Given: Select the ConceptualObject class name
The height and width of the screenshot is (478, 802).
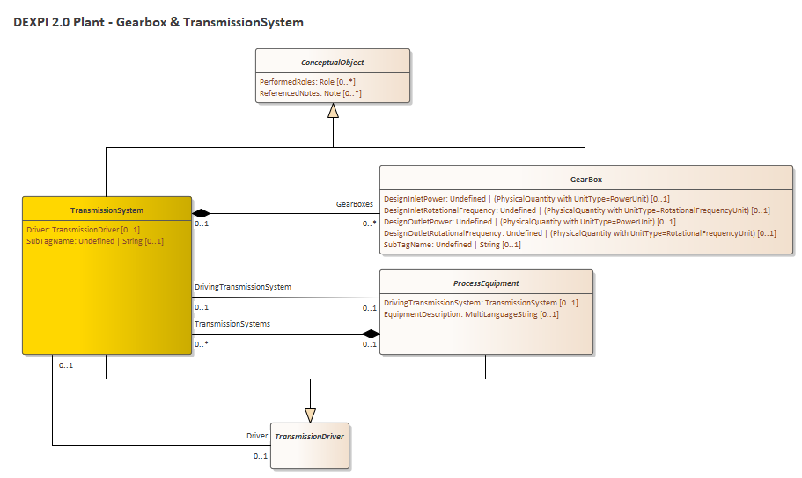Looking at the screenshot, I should point(332,63).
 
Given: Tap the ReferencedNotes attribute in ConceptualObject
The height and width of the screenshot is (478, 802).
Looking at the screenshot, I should point(311,92).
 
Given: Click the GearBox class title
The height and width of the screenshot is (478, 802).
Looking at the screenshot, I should point(585,180).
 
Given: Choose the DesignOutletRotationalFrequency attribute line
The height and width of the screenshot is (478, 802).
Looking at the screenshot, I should point(579,233).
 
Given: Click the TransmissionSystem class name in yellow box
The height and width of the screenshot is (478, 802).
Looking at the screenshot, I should point(107,210).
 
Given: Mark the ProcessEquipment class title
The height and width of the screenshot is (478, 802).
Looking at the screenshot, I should point(485,283).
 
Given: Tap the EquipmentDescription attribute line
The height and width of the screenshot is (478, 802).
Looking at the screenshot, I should point(471,314).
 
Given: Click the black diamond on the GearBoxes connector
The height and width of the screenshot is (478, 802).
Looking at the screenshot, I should point(202,212).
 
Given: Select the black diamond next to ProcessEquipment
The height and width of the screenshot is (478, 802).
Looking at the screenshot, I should point(370,333).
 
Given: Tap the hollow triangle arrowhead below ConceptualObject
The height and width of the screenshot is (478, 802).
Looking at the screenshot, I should point(333,111).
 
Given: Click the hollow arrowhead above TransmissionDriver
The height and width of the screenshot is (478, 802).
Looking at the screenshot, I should point(310,414).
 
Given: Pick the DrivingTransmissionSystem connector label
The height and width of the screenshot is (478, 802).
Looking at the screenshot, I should point(243,287).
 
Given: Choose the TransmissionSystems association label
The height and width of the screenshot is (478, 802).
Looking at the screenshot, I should point(232,324).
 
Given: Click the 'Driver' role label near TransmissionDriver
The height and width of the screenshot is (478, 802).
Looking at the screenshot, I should point(257,436).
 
